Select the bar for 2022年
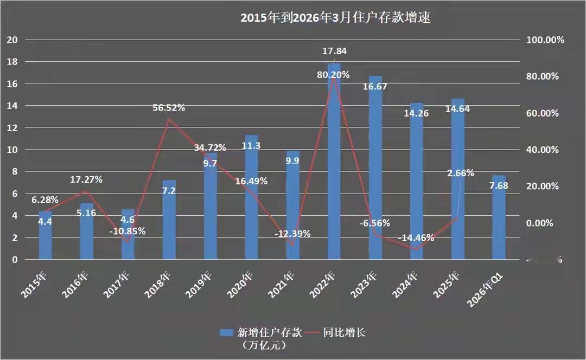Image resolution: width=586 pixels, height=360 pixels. coord(334,163)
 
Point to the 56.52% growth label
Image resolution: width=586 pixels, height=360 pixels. coord(169,107)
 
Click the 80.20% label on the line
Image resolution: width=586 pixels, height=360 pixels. coord(333,75)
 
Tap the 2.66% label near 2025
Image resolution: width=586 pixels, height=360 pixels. coord(461,173)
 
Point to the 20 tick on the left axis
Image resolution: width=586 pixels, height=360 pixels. coord(12,40)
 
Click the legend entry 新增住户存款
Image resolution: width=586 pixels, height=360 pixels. coord(255,332)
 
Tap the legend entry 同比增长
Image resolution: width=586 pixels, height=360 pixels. coord(336,332)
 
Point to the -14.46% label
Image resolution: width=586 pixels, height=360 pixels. coord(416,238)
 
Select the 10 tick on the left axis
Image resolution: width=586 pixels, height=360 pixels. coord(12,150)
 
